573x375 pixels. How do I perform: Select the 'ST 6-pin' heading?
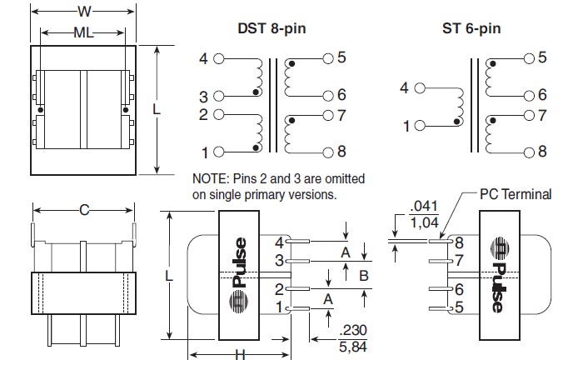pyautogui.click(x=471, y=27)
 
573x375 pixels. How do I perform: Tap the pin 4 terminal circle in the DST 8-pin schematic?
pyautogui.click(x=219, y=59)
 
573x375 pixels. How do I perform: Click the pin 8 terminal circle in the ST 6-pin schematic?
pyautogui.click(x=531, y=152)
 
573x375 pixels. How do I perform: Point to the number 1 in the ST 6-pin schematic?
pyautogui.click(x=407, y=127)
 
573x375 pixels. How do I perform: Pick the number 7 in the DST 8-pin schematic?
pyautogui.click(x=340, y=115)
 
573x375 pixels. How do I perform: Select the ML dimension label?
pyautogui.click(x=82, y=32)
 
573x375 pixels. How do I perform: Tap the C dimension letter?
pyautogui.click(x=83, y=211)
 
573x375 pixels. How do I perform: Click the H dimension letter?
pyautogui.click(x=238, y=355)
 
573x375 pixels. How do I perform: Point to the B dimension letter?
pyautogui.click(x=364, y=273)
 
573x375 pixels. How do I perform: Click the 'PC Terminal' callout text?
pyautogui.click(x=516, y=194)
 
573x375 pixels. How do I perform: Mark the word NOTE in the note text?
pyautogui.click(x=208, y=179)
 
